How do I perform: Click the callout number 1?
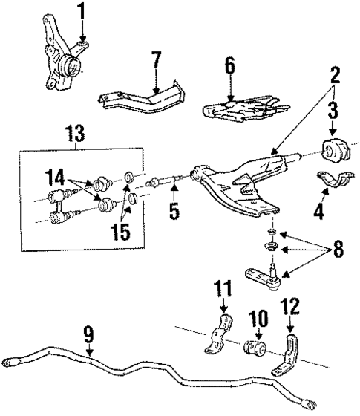(81, 13)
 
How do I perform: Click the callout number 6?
(230, 66)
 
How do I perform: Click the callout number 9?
(88, 335)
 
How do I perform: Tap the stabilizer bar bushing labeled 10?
(257, 347)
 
